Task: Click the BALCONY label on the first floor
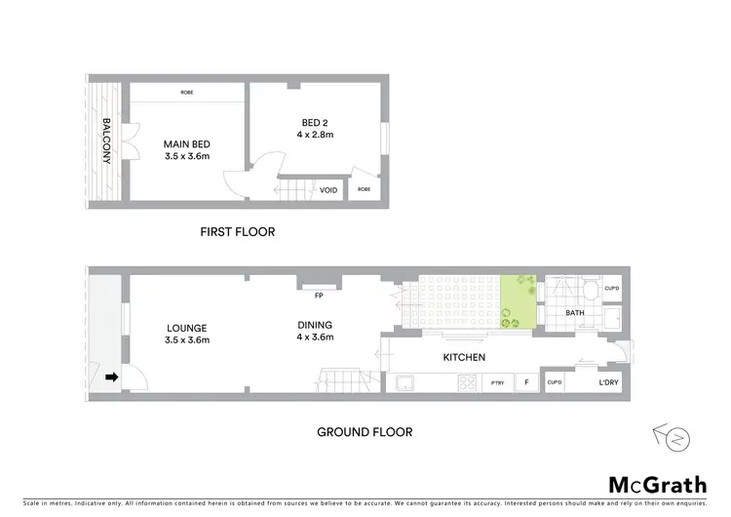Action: pyautogui.click(x=106, y=141)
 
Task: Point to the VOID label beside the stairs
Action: pyautogui.click(x=329, y=190)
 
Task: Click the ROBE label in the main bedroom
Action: pyautogui.click(x=186, y=93)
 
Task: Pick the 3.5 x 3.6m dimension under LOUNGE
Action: pyautogui.click(x=186, y=340)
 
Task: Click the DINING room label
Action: pyautogui.click(x=315, y=326)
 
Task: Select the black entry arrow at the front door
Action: pyautogui.click(x=111, y=377)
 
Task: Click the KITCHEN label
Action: pyautogui.click(x=463, y=358)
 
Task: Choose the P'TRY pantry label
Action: pyautogui.click(x=497, y=383)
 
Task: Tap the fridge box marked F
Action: pyautogui.click(x=527, y=383)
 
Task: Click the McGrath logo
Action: pyautogui.click(x=658, y=485)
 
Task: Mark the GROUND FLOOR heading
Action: pyautogui.click(x=365, y=431)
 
